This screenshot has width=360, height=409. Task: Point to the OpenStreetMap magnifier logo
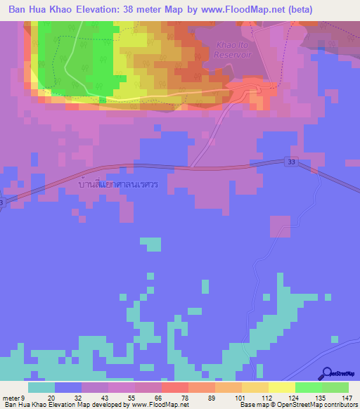coord(328,372)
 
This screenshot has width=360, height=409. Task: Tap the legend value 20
coord(51,398)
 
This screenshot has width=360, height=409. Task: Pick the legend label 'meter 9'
coord(15,398)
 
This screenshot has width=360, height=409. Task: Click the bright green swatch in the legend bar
coord(308,387)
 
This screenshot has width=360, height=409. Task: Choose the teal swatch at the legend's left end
coord(41,387)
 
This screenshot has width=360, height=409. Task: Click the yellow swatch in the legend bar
coord(281,387)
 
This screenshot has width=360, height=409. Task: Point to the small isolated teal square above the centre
coord(150,244)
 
